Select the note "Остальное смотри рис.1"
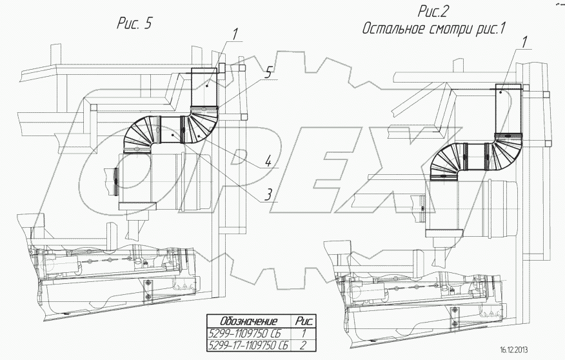(436, 29)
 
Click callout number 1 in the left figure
(236, 33)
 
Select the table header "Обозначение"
(249, 321)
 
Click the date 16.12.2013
(513, 350)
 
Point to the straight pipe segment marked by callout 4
(169, 132)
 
